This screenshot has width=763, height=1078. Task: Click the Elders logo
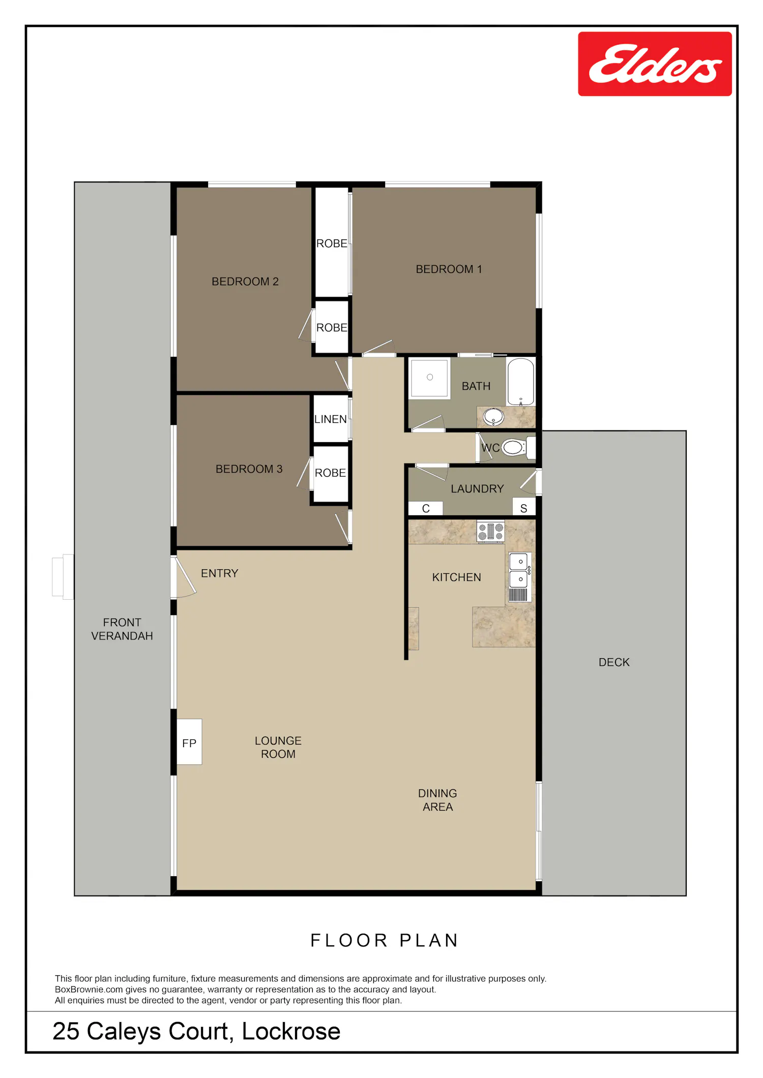[x=655, y=64]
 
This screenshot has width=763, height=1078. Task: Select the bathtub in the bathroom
[x=520, y=382]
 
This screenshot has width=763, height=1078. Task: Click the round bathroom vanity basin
[x=493, y=417]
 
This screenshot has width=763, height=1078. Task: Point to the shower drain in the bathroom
[x=430, y=377]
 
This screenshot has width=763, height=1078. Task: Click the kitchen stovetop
[x=490, y=532]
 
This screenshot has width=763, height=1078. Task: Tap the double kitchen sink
[x=520, y=577]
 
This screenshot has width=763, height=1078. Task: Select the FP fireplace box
[x=189, y=742]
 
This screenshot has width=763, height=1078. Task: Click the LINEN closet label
[x=331, y=419]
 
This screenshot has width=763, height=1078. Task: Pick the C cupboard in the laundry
[x=426, y=508]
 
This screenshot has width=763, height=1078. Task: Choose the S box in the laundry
[x=524, y=508]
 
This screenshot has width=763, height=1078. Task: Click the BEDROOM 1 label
[x=449, y=269]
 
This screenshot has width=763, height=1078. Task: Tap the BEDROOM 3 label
[x=249, y=469]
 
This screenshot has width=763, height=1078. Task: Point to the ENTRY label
[x=219, y=573]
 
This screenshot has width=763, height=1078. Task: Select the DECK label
[x=614, y=662]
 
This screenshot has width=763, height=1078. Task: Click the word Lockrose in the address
[x=291, y=1031]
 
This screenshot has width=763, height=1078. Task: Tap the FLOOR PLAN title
[x=385, y=940]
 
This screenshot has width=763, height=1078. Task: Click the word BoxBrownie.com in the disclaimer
[x=89, y=990]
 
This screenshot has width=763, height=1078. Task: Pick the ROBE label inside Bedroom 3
[x=330, y=473]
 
